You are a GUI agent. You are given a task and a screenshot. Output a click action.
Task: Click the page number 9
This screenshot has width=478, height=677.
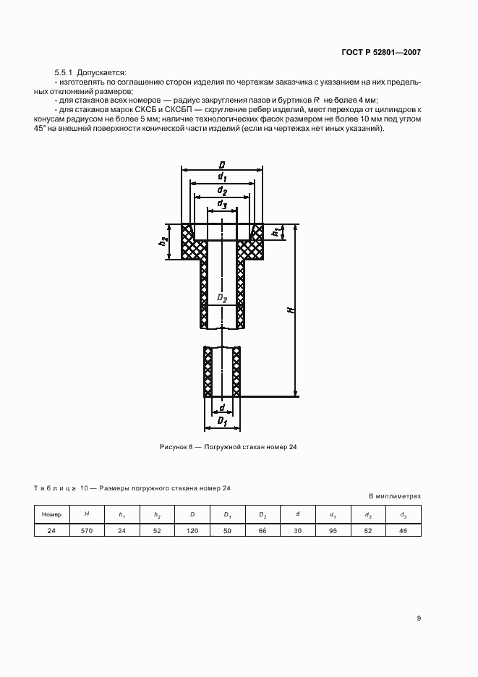point(419,618)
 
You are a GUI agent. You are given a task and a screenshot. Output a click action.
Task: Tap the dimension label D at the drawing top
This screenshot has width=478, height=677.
point(222,164)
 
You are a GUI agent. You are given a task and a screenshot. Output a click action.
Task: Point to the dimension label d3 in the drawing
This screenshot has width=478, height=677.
point(223,206)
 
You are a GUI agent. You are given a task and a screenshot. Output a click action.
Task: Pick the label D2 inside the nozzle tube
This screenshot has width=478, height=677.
point(222,298)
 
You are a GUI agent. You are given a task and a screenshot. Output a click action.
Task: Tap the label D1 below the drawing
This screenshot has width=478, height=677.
point(223,420)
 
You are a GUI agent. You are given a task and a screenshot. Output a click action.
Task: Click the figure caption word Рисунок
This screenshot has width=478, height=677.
point(174,447)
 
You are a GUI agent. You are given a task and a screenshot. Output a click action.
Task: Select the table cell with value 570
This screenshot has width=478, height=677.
point(88,530)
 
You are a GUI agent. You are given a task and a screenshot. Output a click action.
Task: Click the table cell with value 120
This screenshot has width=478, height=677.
point(192,530)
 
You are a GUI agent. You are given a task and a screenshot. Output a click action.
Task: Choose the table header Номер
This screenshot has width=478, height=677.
point(52,514)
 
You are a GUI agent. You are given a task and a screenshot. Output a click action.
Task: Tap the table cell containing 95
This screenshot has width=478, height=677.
point(333,530)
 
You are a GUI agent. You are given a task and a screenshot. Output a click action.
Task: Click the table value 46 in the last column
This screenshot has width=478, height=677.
point(404,530)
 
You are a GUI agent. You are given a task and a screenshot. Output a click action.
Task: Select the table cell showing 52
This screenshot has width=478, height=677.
point(157,530)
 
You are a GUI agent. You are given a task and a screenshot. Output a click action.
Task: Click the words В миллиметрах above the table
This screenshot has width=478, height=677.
point(394,496)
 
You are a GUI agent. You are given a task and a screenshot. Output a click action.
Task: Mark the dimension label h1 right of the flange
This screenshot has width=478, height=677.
point(275,231)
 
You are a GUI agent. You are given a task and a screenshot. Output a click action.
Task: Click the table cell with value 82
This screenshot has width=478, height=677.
point(368,530)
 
